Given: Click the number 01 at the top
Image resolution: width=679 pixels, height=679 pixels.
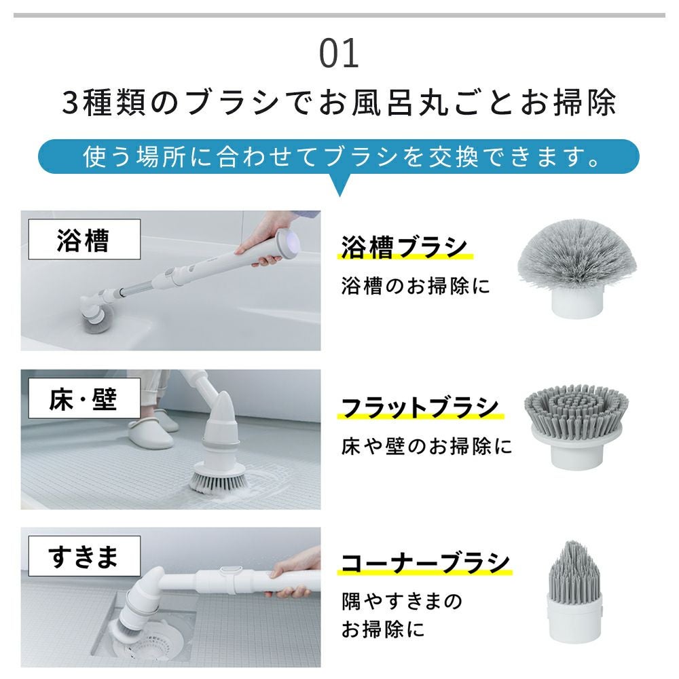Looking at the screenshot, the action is coord(339,54).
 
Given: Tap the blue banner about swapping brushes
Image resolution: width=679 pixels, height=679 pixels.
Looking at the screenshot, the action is coord(339,156).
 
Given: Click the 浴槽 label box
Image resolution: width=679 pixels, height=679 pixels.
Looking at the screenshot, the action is coord(84,240).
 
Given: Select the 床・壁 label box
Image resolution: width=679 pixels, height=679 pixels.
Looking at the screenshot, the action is coord(84,399).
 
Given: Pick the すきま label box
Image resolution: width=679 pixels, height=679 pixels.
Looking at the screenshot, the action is coord(84,556).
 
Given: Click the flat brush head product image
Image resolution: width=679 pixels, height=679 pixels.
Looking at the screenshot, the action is coord(576,427).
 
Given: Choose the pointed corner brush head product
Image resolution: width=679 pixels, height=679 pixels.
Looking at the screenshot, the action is coord(574,591).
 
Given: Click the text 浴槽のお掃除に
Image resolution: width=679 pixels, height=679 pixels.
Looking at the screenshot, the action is coord(416,286).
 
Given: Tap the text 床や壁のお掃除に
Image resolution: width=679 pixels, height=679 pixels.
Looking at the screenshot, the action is coord(426,446).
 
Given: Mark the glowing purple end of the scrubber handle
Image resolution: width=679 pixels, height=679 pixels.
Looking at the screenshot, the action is coord(287,242).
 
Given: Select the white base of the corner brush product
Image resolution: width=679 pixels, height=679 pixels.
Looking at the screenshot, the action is coord(574,619).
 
